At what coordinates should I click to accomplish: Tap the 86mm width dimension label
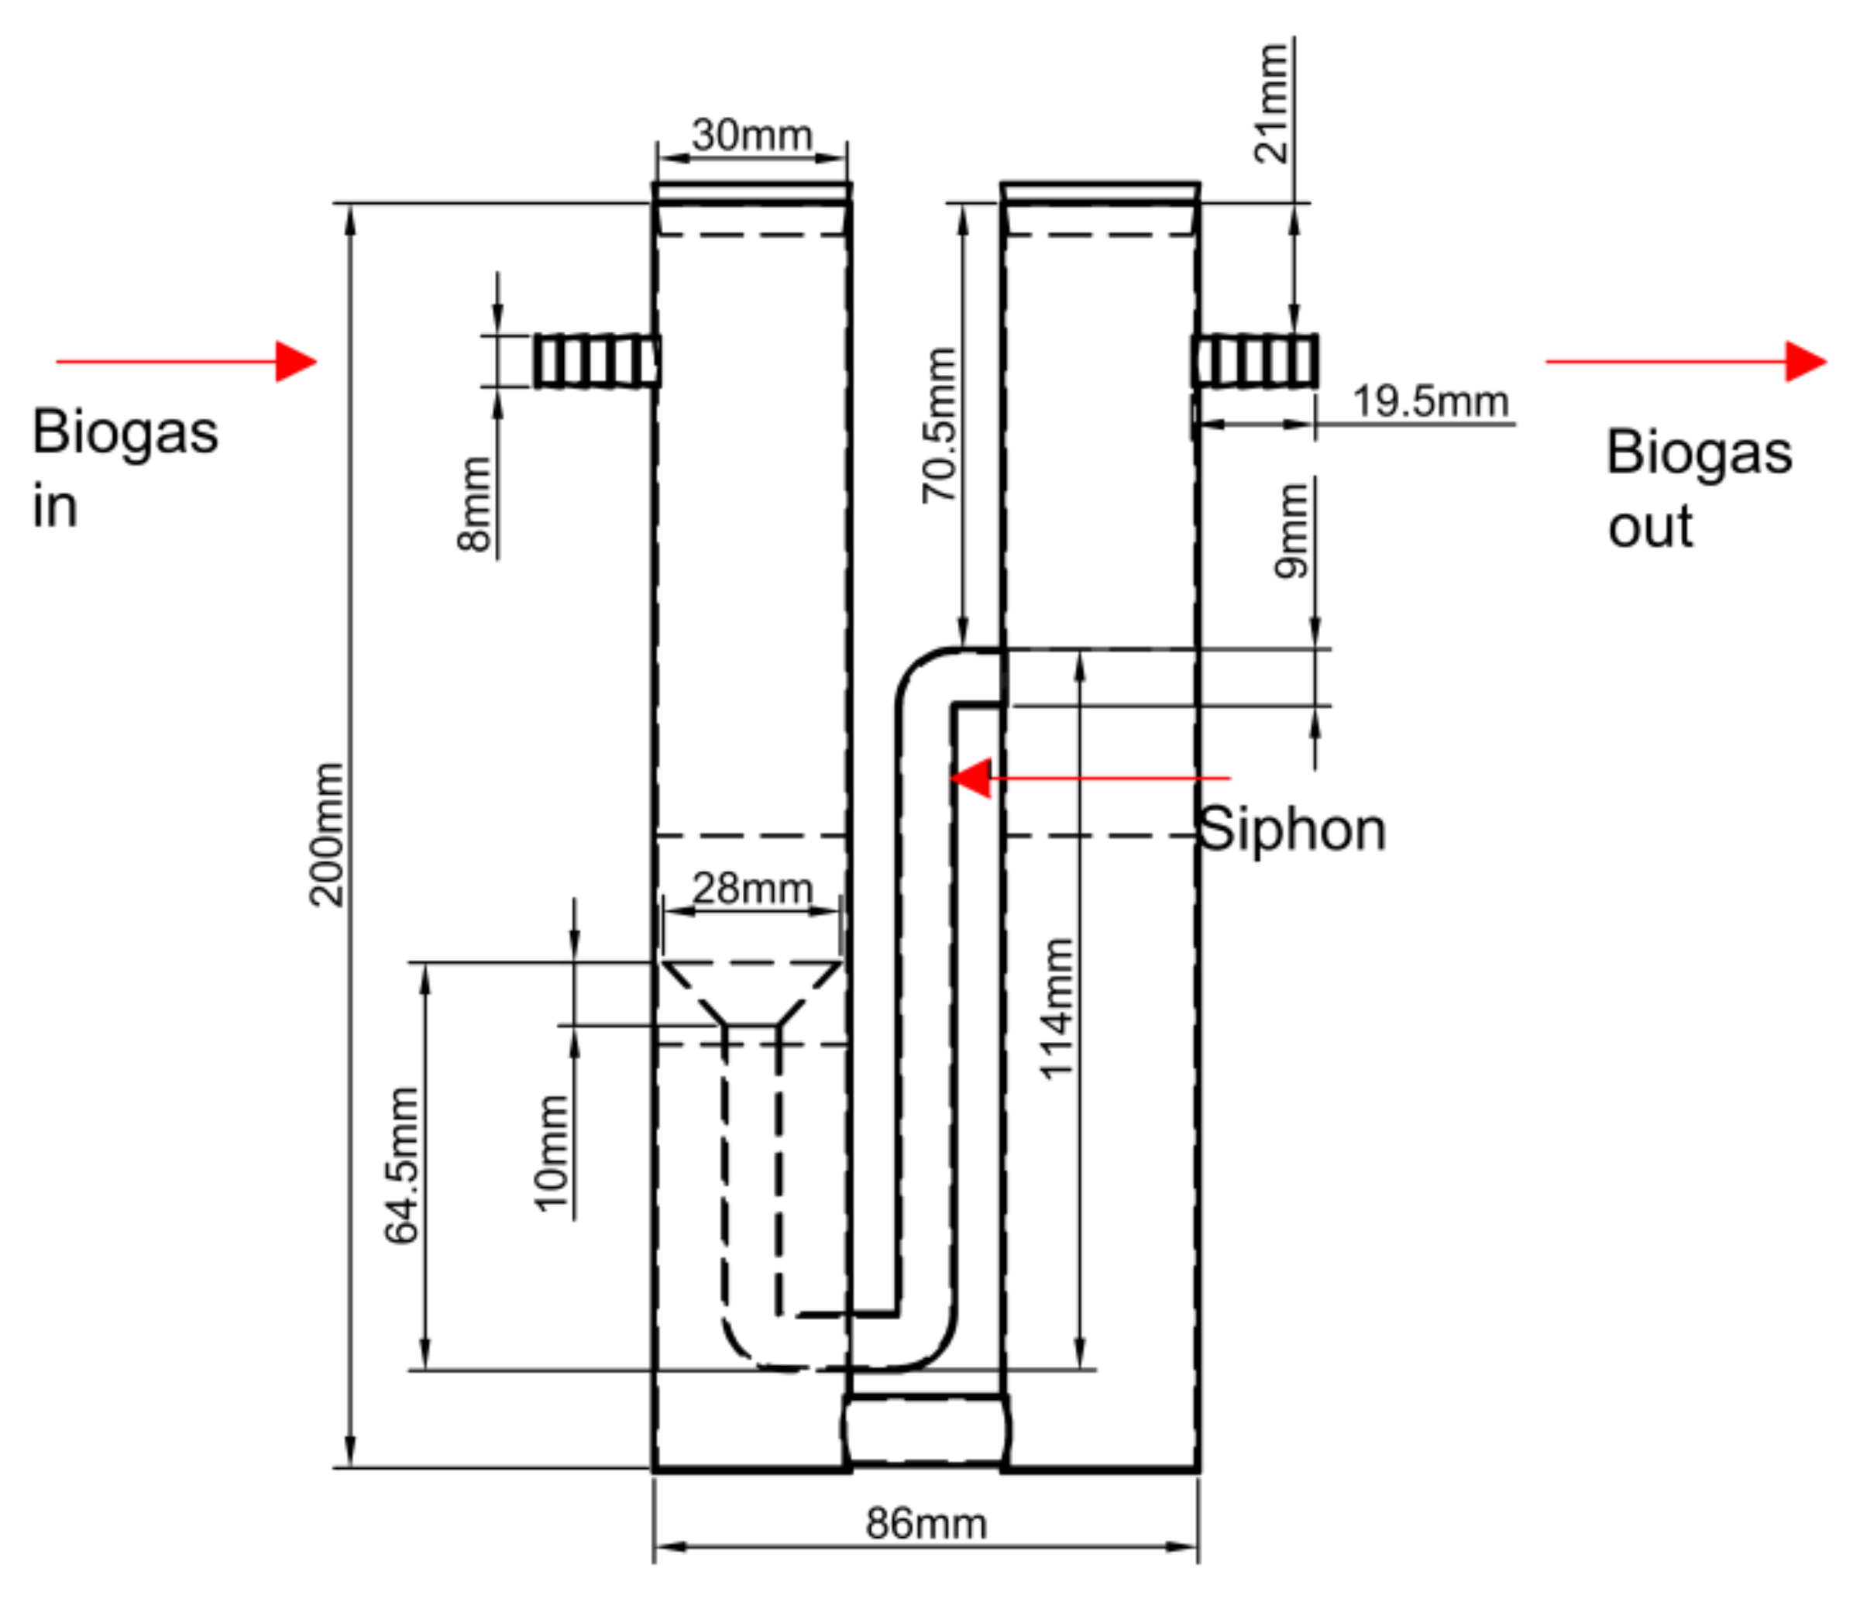(926, 1524)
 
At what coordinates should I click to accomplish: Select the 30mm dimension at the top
(751, 136)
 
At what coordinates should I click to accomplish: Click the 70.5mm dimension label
(940, 425)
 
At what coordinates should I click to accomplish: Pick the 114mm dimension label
(1057, 1008)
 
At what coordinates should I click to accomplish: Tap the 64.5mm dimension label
(401, 1165)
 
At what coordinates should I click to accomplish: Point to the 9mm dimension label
(1292, 531)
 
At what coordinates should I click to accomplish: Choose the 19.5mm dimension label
(1430, 401)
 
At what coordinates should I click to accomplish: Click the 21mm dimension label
(1271, 103)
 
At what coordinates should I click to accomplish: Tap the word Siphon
(1292, 829)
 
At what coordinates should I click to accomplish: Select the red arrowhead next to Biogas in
(296, 361)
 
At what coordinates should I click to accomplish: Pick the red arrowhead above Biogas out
(1805, 361)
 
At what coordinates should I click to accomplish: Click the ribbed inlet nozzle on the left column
(596, 360)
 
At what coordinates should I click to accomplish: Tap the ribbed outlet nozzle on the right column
(1255, 360)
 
